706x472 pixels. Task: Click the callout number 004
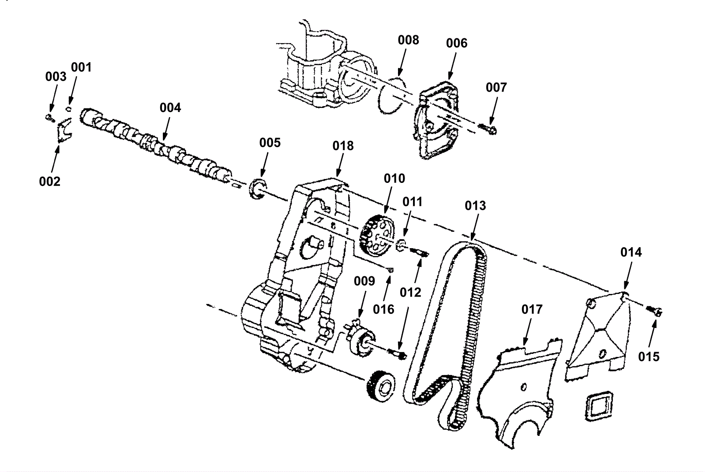tap(170, 108)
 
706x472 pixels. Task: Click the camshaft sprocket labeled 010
tap(377, 236)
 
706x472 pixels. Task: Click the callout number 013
tap(476, 206)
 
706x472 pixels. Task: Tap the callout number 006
tap(457, 43)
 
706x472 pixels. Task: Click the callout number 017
tap(532, 309)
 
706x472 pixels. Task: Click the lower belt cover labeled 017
tap(517, 394)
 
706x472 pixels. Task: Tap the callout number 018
tap(343, 146)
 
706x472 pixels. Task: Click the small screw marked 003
tap(50, 119)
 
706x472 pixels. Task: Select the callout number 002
tap(49, 182)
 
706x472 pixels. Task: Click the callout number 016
tap(383, 309)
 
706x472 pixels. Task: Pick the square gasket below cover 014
tap(599, 406)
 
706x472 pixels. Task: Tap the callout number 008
tap(409, 40)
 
